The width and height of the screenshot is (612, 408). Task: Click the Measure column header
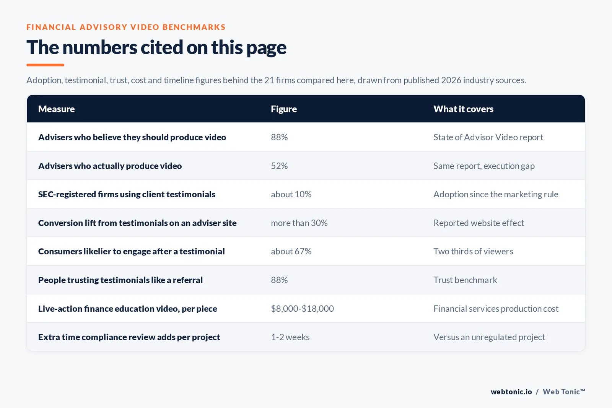tap(56, 109)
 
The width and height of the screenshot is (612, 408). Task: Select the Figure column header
tap(283, 109)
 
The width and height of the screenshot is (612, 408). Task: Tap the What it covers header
tap(463, 109)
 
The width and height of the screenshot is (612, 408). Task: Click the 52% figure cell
tap(279, 166)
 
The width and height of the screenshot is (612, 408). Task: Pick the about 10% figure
tap(291, 194)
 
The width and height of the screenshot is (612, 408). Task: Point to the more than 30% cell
tap(299, 223)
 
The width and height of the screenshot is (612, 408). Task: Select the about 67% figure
tap(291, 251)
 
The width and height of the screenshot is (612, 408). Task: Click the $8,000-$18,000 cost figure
tap(302, 309)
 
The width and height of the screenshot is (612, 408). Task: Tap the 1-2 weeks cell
tap(290, 337)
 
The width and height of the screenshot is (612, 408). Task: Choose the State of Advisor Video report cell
tap(488, 137)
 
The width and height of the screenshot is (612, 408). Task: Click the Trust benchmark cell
tap(465, 280)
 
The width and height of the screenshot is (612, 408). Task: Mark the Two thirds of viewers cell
tap(473, 251)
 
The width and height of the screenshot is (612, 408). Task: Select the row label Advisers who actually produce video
tap(110, 166)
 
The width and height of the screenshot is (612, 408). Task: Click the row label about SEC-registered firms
tap(127, 194)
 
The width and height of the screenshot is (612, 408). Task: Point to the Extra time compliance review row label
tap(129, 337)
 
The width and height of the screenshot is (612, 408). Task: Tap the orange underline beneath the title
tap(46, 65)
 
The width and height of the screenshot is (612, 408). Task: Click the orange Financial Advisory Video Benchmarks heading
tap(126, 27)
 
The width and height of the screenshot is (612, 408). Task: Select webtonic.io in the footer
tap(511, 392)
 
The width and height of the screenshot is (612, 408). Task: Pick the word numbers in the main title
tap(100, 47)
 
